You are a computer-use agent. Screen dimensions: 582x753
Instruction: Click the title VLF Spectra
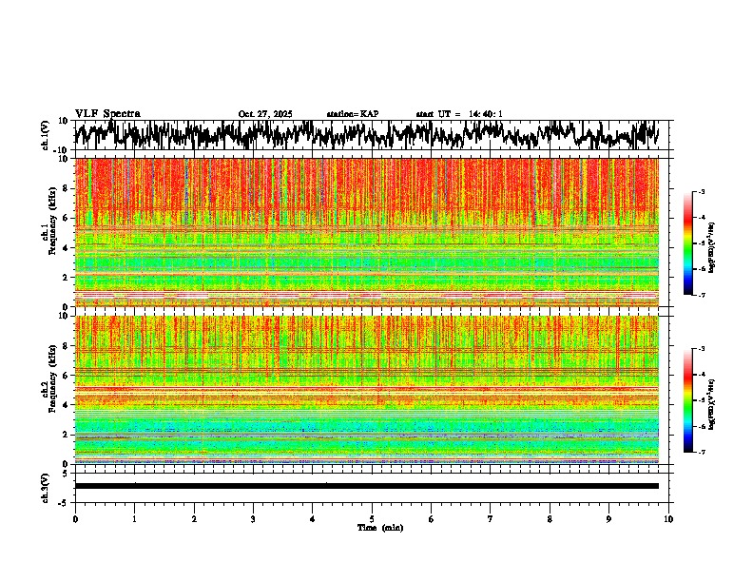[107, 113]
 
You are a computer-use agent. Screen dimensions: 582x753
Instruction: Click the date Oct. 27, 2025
[265, 114]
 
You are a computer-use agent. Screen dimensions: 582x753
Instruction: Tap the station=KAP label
[352, 114]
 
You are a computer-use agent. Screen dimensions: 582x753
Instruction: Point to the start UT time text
[459, 114]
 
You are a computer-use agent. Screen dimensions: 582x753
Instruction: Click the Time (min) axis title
[379, 528]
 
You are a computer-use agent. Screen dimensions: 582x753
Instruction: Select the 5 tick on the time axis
[372, 519]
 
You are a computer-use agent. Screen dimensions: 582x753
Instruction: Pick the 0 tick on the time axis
[75, 519]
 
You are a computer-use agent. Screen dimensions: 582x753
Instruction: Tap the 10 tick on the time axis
[668, 519]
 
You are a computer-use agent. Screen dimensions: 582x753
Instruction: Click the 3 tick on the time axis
[253, 519]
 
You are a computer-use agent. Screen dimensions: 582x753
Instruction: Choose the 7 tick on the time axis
[491, 519]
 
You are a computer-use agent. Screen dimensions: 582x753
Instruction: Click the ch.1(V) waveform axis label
[46, 135]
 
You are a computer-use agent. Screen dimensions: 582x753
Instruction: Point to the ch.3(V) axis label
[46, 486]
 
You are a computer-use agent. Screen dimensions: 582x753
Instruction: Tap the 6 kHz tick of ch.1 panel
[66, 218]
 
